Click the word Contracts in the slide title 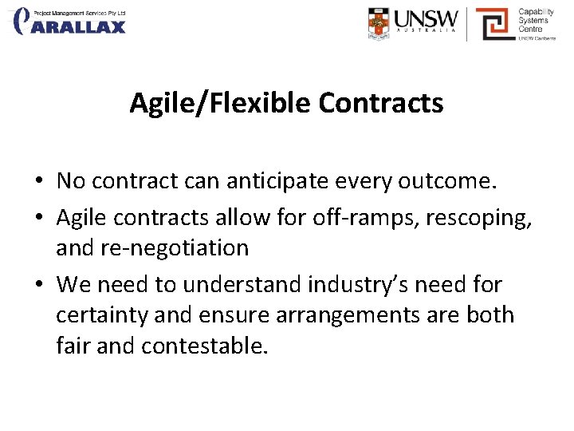pyautogui.click(x=380, y=103)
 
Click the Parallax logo pyautogui.click(x=70, y=21)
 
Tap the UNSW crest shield pyautogui.click(x=381, y=23)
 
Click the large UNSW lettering pyautogui.click(x=428, y=19)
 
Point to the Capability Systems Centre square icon pyautogui.click(x=494, y=23)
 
